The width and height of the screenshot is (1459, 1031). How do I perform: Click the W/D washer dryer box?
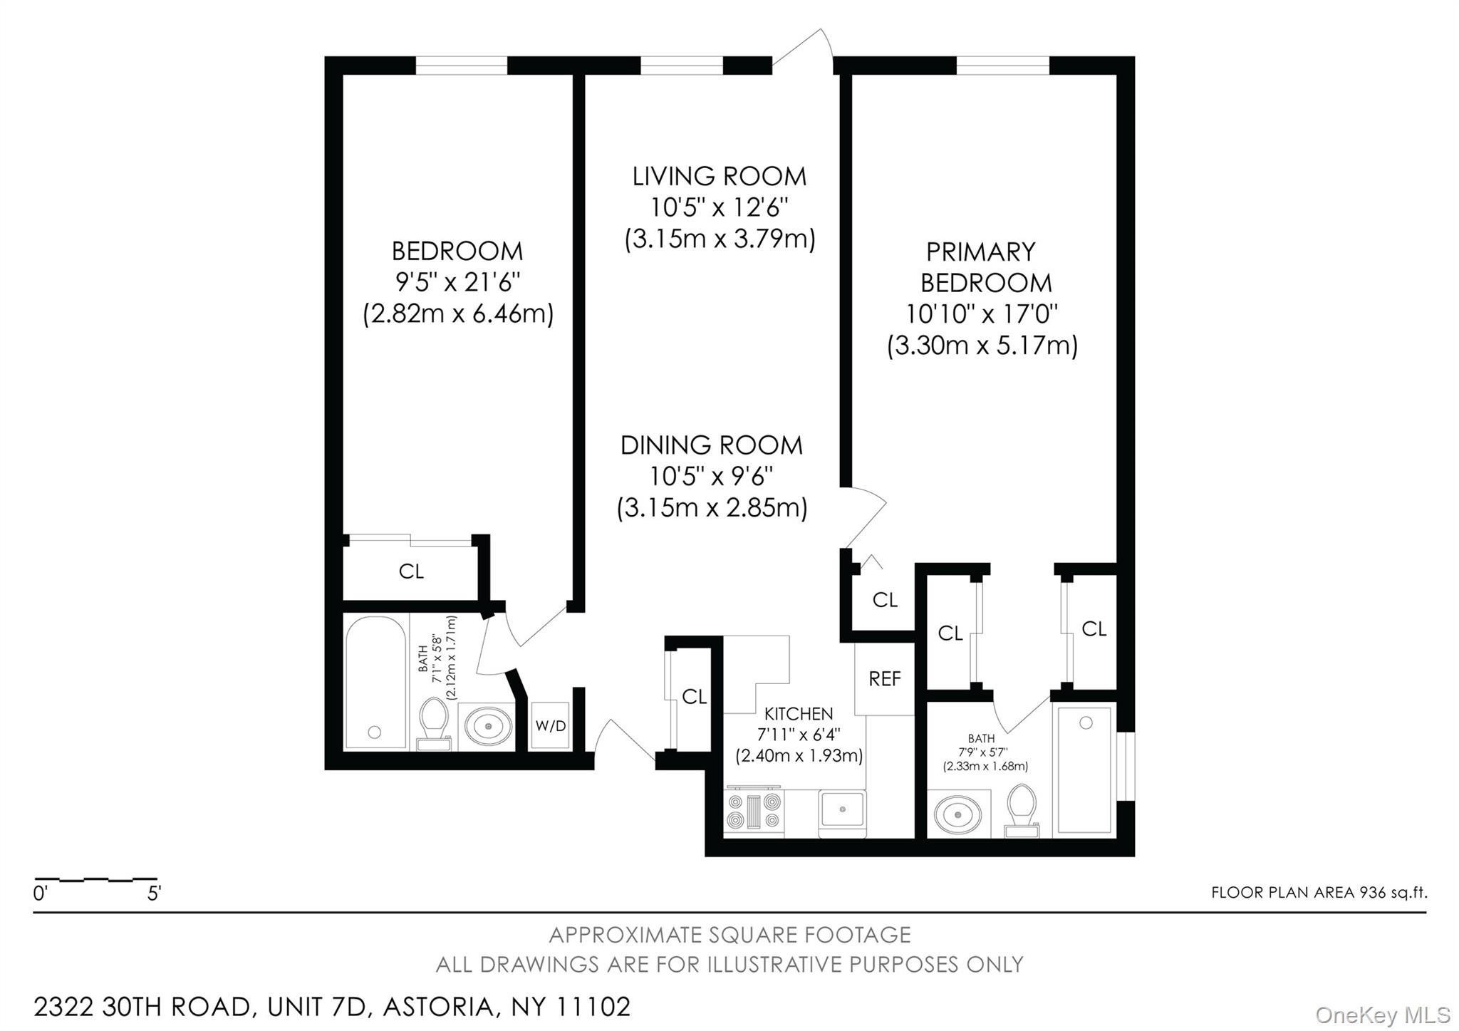(551, 726)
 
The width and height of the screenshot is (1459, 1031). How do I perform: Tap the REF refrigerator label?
(885, 679)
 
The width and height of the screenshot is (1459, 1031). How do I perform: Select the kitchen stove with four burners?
(753, 812)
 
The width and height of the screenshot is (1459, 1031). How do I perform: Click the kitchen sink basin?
(842, 811)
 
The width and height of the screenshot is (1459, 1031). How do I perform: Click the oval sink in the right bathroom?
(957, 814)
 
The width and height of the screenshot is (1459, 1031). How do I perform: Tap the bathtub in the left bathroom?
(375, 683)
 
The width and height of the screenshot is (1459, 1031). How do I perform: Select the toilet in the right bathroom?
(1022, 810)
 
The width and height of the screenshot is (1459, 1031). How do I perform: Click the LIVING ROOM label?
(720, 176)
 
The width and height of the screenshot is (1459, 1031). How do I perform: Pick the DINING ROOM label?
(711, 445)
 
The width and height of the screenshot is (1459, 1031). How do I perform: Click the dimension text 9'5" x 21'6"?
(458, 283)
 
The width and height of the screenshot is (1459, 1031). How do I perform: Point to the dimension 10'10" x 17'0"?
(982, 314)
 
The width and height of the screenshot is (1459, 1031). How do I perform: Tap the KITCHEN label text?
(798, 713)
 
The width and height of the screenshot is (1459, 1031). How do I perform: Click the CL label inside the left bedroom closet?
(411, 571)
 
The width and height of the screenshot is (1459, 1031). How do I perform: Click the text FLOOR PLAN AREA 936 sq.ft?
(1319, 893)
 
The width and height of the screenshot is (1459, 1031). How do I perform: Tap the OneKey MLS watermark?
(1382, 1015)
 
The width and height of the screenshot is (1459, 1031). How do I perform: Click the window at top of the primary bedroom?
(1002, 66)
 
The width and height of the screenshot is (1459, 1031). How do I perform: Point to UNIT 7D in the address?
(316, 1007)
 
